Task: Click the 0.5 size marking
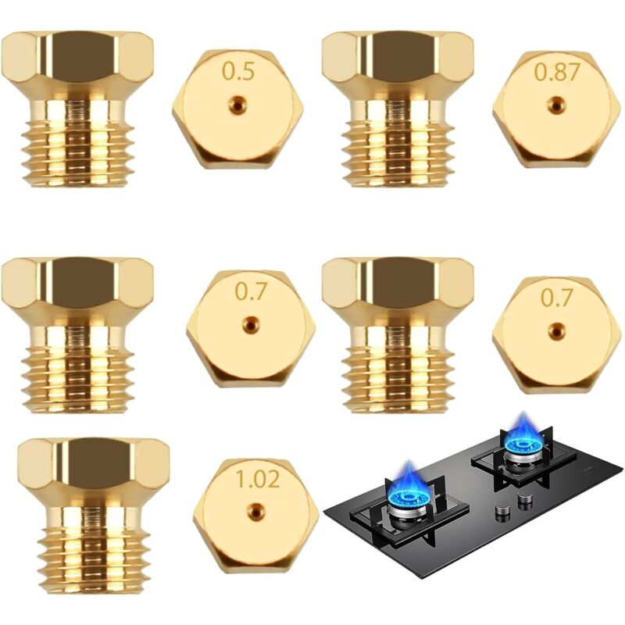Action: point(238,72)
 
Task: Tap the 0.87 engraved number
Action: point(557,72)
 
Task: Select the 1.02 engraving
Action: point(258,479)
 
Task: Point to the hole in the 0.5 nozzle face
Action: point(237,105)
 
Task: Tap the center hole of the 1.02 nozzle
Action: point(255,512)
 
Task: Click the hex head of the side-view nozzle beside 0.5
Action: point(77,59)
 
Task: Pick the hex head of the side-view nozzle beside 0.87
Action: point(398,59)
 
